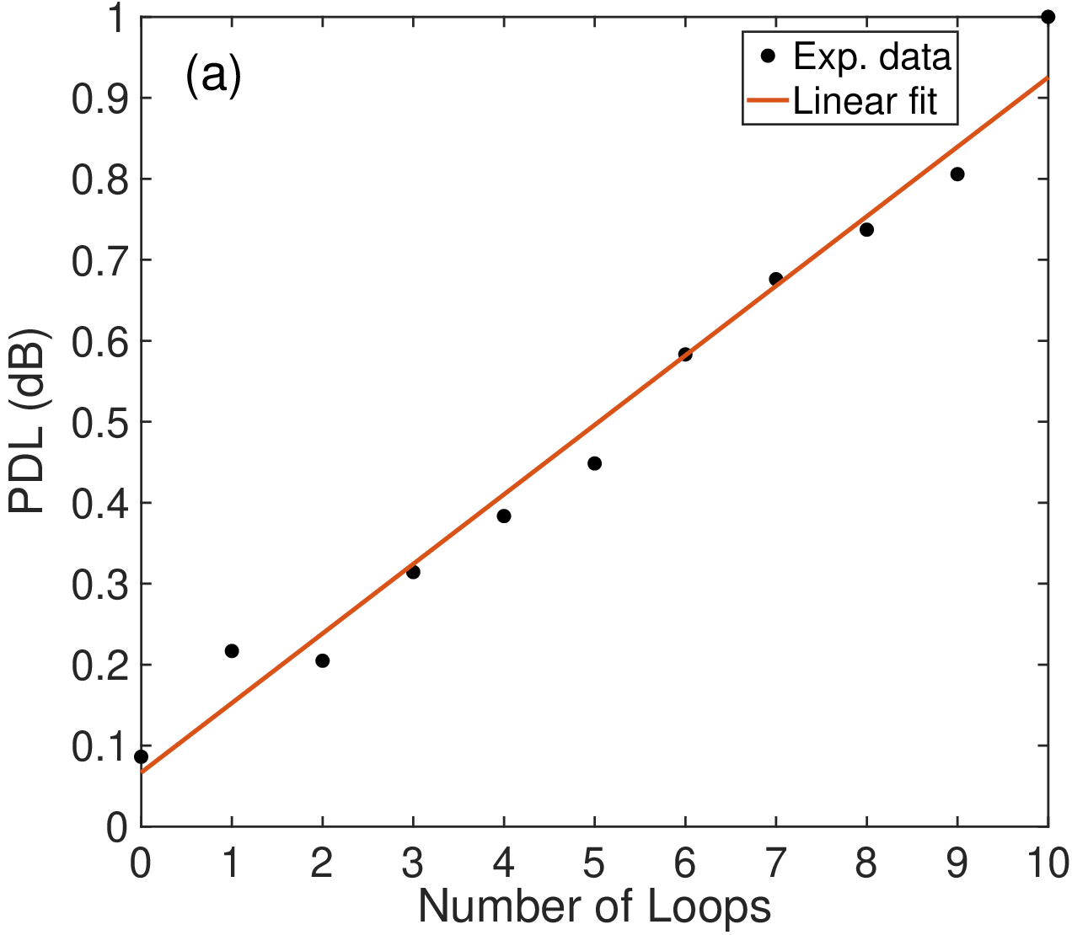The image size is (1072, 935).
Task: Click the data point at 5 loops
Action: coord(594,463)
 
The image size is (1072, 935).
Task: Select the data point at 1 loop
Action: coord(232,651)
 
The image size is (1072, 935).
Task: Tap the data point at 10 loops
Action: coord(1048,17)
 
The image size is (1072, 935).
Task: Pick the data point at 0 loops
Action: coord(141,756)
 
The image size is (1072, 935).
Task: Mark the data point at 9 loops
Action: coord(957,174)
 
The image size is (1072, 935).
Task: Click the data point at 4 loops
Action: coord(503,516)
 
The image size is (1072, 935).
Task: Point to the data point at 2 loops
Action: coord(323,660)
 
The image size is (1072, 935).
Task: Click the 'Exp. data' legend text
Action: coord(871,56)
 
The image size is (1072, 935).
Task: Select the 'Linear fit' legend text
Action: coord(865,100)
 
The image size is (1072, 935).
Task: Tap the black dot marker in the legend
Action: coord(768,56)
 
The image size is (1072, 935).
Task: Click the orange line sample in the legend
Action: coord(768,100)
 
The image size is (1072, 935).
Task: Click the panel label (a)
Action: coord(212,75)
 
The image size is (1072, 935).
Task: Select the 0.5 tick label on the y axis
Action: coord(99,423)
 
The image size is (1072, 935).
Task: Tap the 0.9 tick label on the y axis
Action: coord(99,99)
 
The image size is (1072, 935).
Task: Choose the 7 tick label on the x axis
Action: coord(775,863)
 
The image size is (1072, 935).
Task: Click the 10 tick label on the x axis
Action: coord(1048,863)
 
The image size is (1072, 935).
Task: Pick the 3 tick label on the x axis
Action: coord(412,863)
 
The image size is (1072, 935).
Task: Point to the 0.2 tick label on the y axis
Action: coord(99,665)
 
